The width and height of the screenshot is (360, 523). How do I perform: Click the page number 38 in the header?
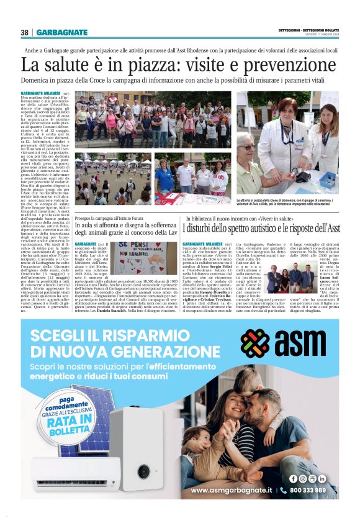tap(25, 32)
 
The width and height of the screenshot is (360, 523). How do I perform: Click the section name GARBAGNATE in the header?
tap(61, 32)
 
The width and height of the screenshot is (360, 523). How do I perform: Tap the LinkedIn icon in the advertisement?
tap(322, 478)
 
